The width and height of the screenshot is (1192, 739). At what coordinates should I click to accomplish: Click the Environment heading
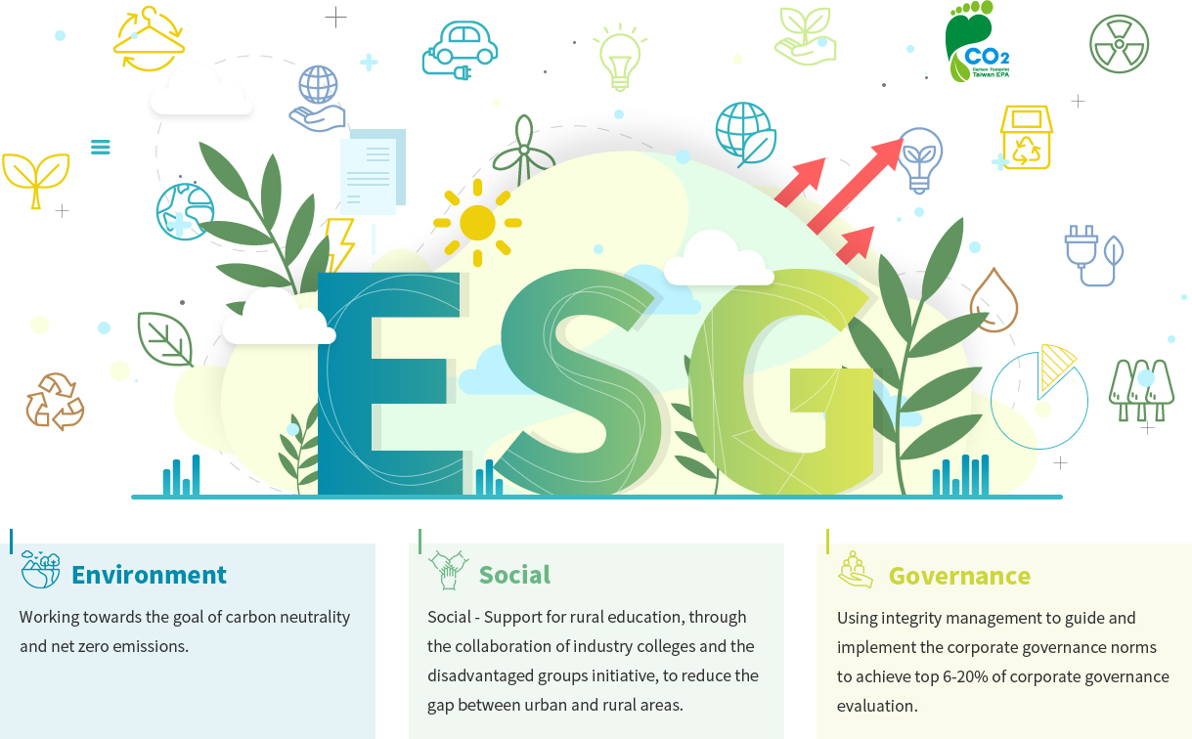(149, 575)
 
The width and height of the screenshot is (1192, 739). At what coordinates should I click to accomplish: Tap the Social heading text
(514, 575)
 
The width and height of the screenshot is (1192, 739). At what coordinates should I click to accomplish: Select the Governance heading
(959, 576)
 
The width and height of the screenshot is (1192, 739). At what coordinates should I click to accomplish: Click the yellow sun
(477, 223)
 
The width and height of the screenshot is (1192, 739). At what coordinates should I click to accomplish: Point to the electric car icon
(460, 51)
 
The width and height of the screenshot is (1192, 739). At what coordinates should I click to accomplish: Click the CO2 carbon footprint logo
(977, 41)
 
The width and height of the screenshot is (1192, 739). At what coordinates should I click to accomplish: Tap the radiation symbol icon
(1119, 44)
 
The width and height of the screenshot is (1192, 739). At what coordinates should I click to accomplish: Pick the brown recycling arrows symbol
(56, 402)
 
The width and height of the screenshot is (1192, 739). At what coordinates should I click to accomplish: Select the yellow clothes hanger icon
(149, 39)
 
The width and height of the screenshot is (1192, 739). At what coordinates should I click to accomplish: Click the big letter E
(390, 383)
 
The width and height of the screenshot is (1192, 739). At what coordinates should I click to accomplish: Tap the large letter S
(580, 382)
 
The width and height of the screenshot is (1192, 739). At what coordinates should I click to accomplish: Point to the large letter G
(783, 382)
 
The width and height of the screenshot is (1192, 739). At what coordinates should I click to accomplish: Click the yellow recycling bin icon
(1027, 137)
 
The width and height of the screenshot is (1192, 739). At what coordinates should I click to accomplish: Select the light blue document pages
(373, 171)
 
